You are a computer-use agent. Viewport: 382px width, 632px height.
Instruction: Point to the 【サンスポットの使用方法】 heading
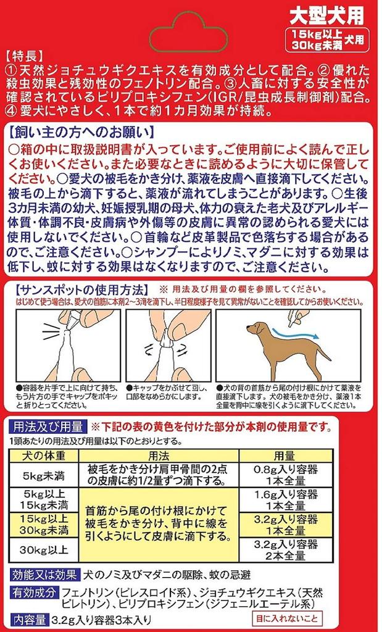(78, 289)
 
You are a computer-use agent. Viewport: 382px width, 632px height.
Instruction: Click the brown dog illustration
(283, 349)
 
